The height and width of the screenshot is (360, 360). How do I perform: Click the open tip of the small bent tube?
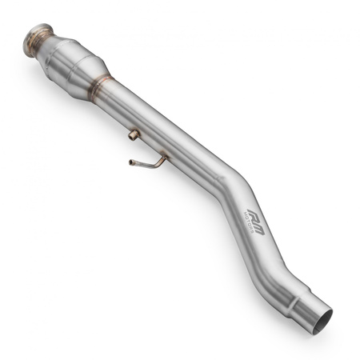pyautogui.click(x=130, y=162)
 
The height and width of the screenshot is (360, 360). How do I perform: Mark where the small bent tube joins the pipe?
pyautogui.click(x=165, y=158)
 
